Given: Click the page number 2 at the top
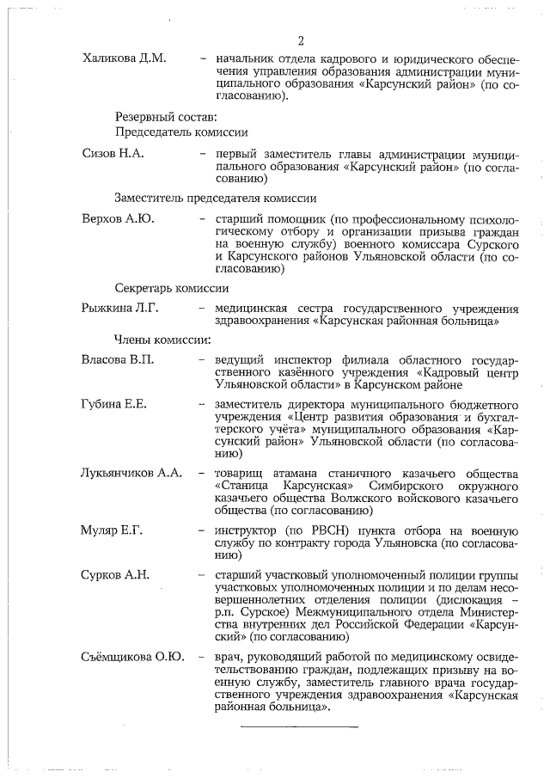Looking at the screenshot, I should (302, 40).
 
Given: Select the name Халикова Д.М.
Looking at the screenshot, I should (124, 58).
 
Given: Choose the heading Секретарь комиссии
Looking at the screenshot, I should (172, 288).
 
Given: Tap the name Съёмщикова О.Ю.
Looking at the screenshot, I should (132, 658).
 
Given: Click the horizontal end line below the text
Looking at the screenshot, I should (299, 727).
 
